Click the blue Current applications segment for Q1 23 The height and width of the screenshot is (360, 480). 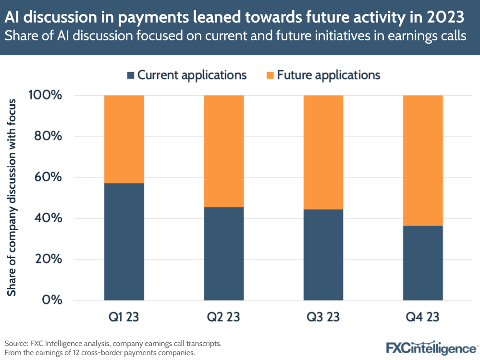(124, 242)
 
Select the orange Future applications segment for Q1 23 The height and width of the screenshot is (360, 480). (124, 139)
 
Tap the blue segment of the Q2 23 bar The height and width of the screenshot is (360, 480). (223, 254)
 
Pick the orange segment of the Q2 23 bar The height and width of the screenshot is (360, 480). (223, 151)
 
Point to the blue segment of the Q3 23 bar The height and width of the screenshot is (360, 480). (323, 255)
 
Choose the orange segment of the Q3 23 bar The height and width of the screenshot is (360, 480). (323, 152)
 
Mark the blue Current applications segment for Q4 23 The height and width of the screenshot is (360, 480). (422, 263)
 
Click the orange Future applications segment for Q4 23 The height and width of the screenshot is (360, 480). (422, 160)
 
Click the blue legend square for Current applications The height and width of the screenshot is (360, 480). (130, 75)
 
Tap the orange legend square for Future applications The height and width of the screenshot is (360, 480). (270, 75)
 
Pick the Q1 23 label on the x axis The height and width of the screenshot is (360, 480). (124, 317)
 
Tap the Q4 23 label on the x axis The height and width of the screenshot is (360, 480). (422, 317)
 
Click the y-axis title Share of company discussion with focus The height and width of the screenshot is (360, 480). (12, 198)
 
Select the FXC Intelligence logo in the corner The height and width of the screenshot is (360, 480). (431, 348)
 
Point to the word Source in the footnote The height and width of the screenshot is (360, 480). (16, 344)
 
